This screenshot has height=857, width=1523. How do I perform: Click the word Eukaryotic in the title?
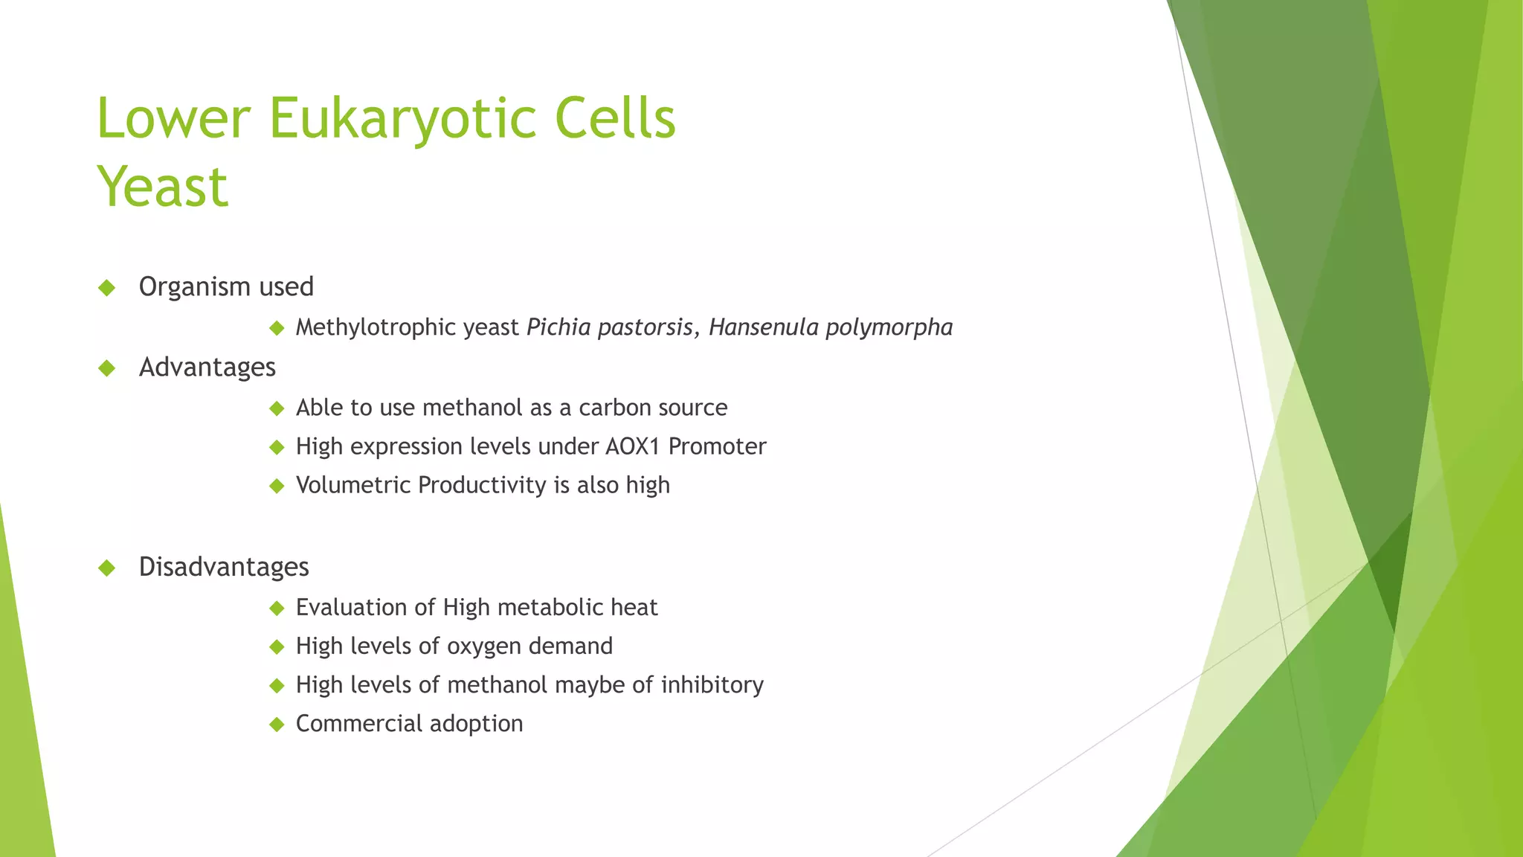pyautogui.click(x=402, y=119)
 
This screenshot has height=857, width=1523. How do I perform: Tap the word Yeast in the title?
pyautogui.click(x=162, y=187)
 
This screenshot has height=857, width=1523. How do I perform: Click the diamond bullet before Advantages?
pyautogui.click(x=107, y=367)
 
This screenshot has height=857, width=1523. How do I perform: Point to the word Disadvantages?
pyautogui.click(x=224, y=567)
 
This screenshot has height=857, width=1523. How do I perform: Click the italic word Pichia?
pyautogui.click(x=558, y=327)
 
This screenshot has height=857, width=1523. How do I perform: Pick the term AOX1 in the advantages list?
pyautogui.click(x=633, y=446)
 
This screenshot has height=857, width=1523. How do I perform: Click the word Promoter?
pyautogui.click(x=717, y=446)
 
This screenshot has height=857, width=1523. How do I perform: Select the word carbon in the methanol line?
pyautogui.click(x=611, y=408)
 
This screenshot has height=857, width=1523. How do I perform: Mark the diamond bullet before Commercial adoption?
pyautogui.click(x=277, y=724)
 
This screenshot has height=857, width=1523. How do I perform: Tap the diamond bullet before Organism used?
pyautogui.click(x=107, y=287)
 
